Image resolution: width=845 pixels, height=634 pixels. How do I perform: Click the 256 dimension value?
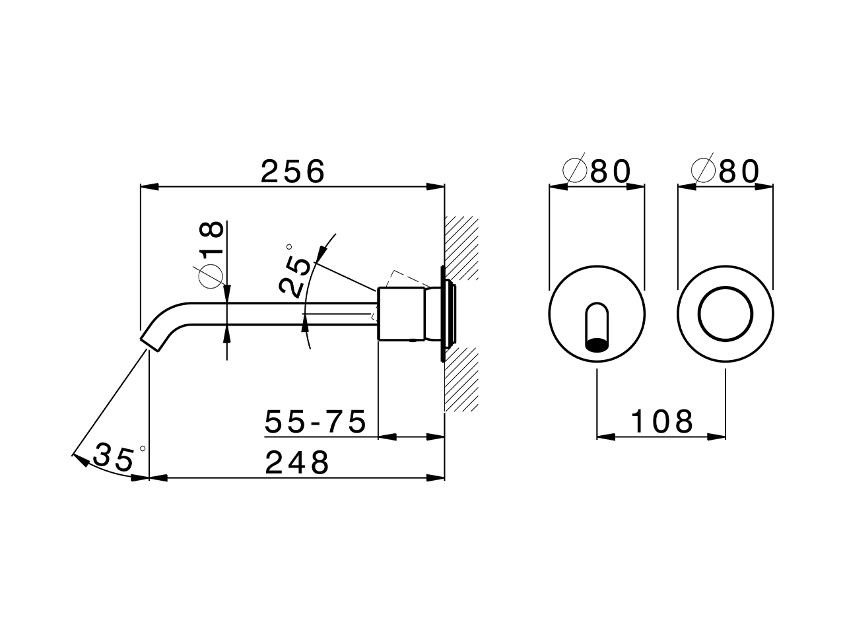(293, 172)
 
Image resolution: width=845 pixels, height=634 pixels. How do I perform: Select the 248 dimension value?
(296, 463)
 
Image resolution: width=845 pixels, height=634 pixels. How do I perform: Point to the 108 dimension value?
(662, 421)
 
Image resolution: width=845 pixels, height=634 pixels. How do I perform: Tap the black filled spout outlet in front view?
(597, 344)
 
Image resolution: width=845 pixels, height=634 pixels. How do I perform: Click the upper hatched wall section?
(462, 248)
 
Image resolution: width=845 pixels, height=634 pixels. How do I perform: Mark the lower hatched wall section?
(462, 380)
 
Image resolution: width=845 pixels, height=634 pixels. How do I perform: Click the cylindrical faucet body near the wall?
(400, 314)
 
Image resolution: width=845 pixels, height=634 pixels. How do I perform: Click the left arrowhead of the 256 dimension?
(149, 187)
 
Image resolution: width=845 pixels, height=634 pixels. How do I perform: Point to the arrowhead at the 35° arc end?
(79, 458)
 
